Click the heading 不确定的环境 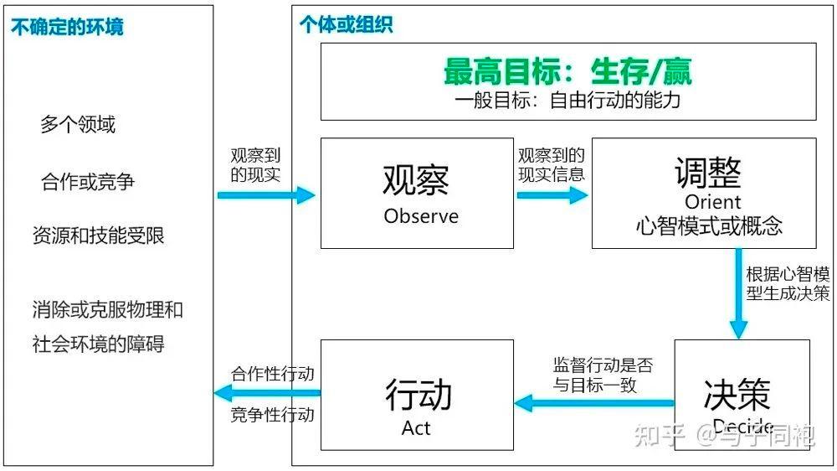pyautogui.click(x=67, y=27)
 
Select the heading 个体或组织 pyautogui.click(x=346, y=24)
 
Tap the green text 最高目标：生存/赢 pyautogui.click(x=567, y=72)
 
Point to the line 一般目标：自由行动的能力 pyautogui.click(x=567, y=101)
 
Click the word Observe pyautogui.click(x=421, y=216)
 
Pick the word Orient pyautogui.click(x=712, y=202)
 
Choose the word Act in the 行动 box pyautogui.click(x=416, y=428)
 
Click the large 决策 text pyautogui.click(x=737, y=394)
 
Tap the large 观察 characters pyautogui.click(x=416, y=179)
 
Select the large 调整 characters pyautogui.click(x=708, y=173)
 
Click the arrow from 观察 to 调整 pyautogui.click(x=552, y=195)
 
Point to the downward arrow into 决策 pyautogui.click(x=738, y=293)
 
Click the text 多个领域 pyautogui.click(x=78, y=125)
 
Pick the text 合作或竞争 pyautogui.click(x=88, y=181)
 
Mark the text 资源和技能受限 pyautogui.click(x=99, y=235)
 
